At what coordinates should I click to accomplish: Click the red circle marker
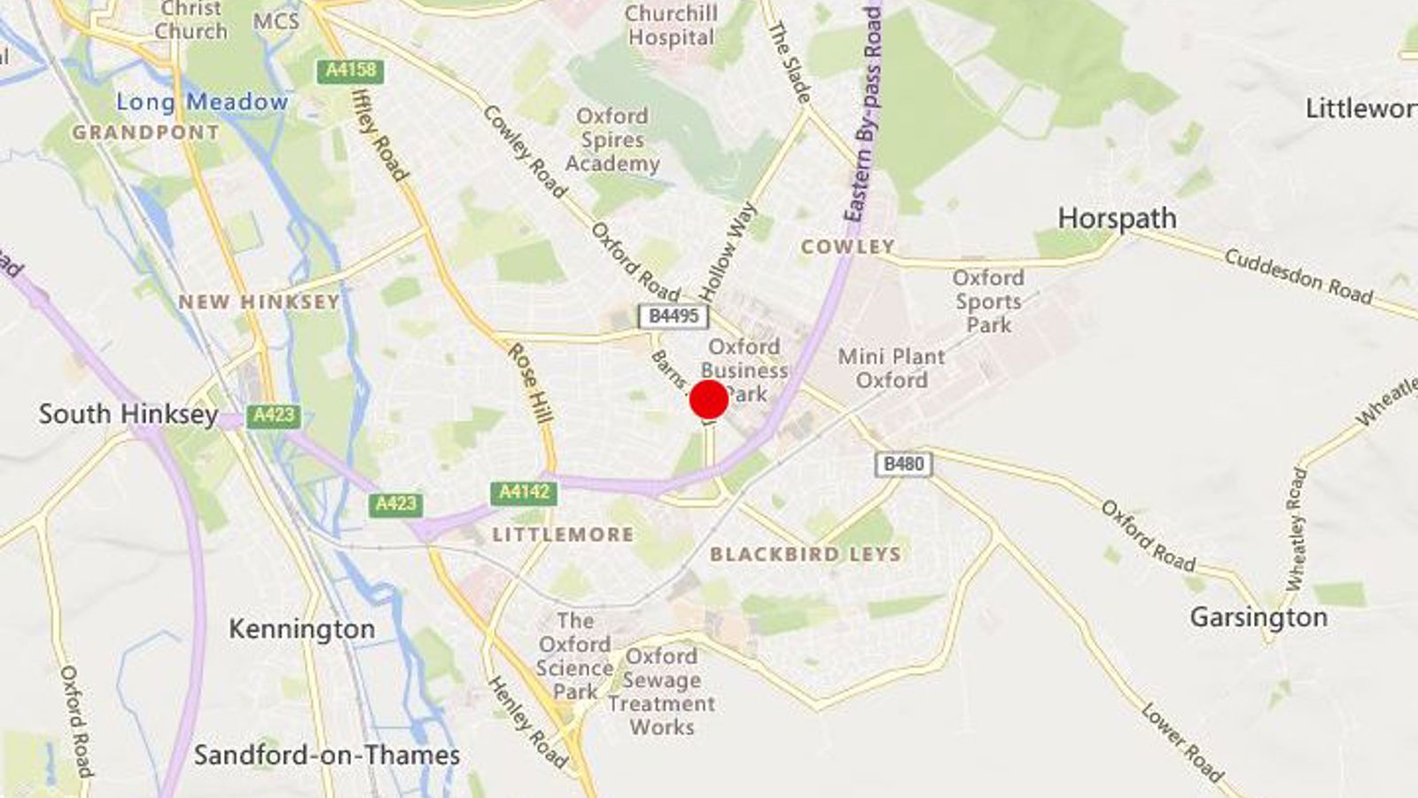[x=709, y=400]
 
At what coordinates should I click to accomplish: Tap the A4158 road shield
[x=351, y=71]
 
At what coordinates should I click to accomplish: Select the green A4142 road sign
[x=524, y=493]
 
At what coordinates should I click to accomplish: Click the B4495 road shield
[x=674, y=317]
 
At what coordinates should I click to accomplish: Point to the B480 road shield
[x=904, y=464]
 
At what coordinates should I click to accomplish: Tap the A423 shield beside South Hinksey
[x=274, y=415]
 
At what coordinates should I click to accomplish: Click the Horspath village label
[x=1117, y=218]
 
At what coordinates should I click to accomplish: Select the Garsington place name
[x=1258, y=617]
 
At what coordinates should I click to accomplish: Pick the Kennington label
[x=301, y=629]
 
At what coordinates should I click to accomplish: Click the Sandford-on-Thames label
[x=327, y=755]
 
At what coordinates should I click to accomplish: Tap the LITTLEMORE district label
[x=564, y=535]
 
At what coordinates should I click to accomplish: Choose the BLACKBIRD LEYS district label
[x=806, y=554]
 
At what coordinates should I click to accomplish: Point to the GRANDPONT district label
[x=145, y=132]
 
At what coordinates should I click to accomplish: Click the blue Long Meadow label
[x=202, y=102]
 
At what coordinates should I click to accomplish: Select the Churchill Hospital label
[x=670, y=26]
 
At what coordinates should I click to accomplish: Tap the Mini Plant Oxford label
[x=892, y=368]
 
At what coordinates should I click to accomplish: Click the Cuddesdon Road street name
[x=1298, y=277]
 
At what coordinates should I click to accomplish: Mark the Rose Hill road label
[x=530, y=383]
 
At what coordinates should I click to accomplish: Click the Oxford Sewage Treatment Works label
[x=661, y=692]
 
